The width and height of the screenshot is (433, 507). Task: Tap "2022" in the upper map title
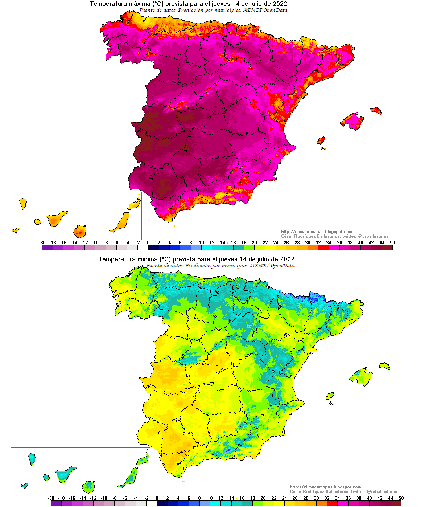point(280,4)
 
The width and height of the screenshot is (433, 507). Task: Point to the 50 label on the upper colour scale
point(392,243)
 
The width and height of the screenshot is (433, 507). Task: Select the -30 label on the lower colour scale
point(51,498)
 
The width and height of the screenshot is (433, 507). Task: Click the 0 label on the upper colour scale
point(148,243)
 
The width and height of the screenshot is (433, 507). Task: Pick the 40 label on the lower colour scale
point(369,498)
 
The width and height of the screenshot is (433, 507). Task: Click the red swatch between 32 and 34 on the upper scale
point(323,248)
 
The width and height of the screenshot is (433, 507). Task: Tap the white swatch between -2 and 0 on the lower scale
point(152,503)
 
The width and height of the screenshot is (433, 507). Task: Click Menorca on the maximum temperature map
point(376,110)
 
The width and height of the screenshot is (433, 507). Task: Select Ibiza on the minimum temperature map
point(330,396)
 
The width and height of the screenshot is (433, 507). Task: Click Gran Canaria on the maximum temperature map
point(79,231)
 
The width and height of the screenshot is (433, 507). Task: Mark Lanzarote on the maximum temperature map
point(134,204)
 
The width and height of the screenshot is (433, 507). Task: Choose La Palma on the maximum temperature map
point(23,203)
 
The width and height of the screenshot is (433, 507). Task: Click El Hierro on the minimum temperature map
point(24,486)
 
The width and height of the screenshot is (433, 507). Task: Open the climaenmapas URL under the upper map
point(317,232)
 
